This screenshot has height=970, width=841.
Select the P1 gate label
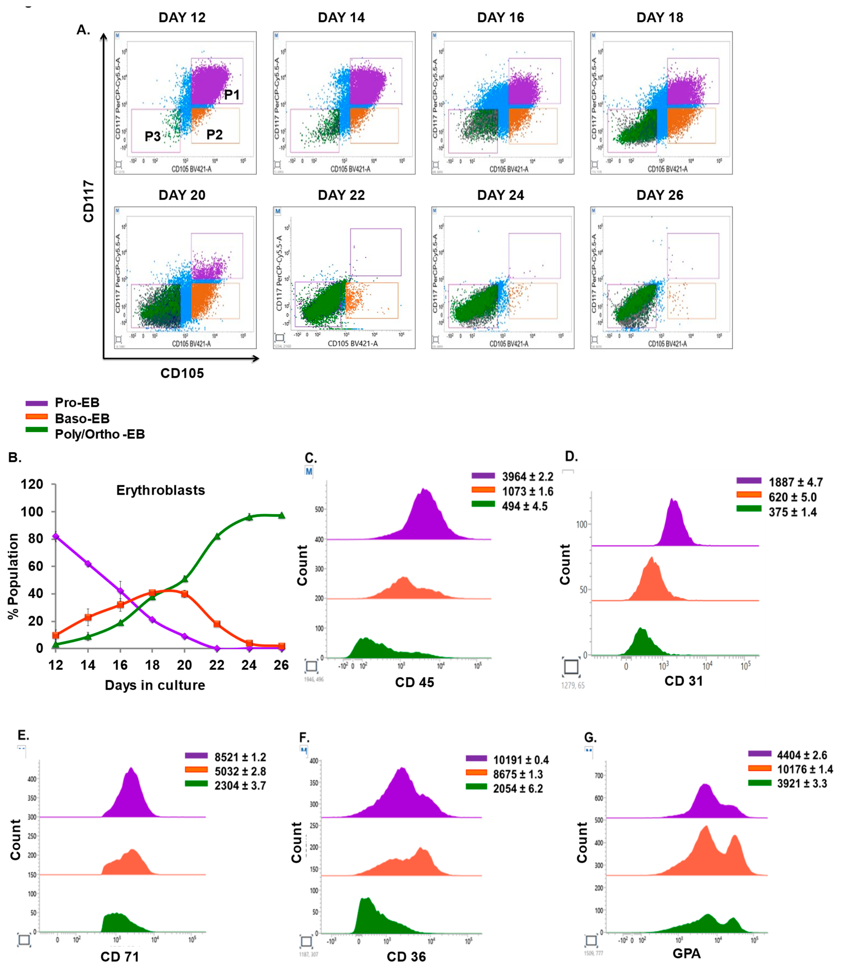(232, 95)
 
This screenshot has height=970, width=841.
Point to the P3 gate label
(153, 137)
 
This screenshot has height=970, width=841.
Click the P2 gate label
(214, 135)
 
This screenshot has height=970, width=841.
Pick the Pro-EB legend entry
(77, 402)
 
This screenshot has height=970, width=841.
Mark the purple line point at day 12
(56, 536)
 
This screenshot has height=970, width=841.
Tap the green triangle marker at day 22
(217, 536)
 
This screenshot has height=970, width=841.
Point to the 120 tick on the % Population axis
(32, 484)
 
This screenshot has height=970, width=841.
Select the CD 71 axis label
(120, 956)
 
